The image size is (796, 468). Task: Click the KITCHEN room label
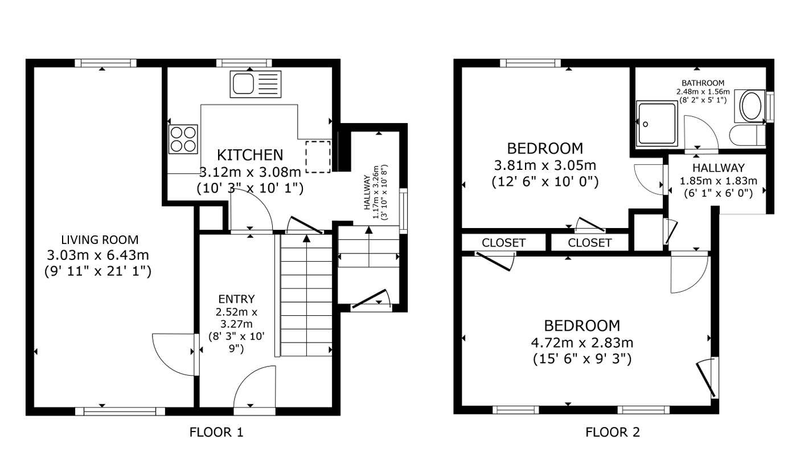pyautogui.click(x=250, y=155)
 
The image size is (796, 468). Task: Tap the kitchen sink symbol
pyautogui.click(x=256, y=84)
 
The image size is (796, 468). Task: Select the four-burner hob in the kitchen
pyautogui.click(x=183, y=139)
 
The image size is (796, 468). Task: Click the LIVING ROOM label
pyautogui.click(x=100, y=240)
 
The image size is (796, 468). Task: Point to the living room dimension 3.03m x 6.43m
pyautogui.click(x=98, y=255)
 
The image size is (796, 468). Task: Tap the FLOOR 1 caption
pyautogui.click(x=216, y=432)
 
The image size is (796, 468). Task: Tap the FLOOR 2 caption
pyautogui.click(x=613, y=432)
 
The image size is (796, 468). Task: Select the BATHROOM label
pyautogui.click(x=703, y=83)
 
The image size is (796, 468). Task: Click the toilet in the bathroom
pyautogui.click(x=747, y=135)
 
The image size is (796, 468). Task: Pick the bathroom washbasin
pyautogui.click(x=750, y=105)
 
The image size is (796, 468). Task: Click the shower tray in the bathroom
pyautogui.click(x=657, y=124)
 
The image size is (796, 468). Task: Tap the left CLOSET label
pyautogui.click(x=503, y=243)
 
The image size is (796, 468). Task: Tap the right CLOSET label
pyautogui.click(x=590, y=243)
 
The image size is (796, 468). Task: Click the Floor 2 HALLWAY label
pyautogui.click(x=718, y=168)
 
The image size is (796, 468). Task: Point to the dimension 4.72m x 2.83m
pyautogui.click(x=582, y=343)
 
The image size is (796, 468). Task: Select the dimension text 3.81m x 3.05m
pyautogui.click(x=545, y=165)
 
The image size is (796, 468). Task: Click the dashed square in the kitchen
pyautogui.click(x=318, y=157)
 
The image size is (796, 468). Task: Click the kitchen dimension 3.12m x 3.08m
pyautogui.click(x=250, y=172)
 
